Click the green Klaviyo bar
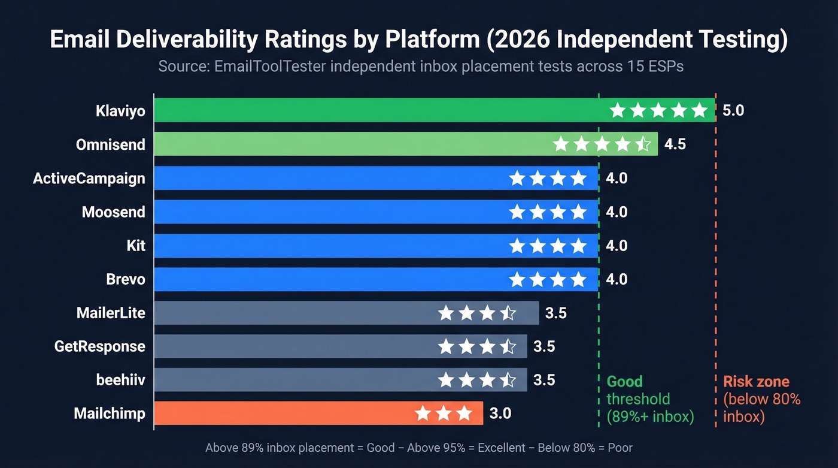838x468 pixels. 377,110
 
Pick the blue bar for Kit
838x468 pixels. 329,246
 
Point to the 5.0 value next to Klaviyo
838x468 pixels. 733,111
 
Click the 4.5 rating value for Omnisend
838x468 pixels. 675,144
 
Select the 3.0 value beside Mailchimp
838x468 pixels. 500,413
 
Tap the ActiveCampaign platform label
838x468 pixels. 89,179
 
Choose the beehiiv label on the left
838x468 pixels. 120,380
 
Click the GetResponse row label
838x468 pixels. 99,346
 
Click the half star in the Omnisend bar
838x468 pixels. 643,144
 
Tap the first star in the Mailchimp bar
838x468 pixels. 423,413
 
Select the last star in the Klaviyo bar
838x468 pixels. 699,110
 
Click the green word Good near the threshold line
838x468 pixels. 624,382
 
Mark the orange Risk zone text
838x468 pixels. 756,382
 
